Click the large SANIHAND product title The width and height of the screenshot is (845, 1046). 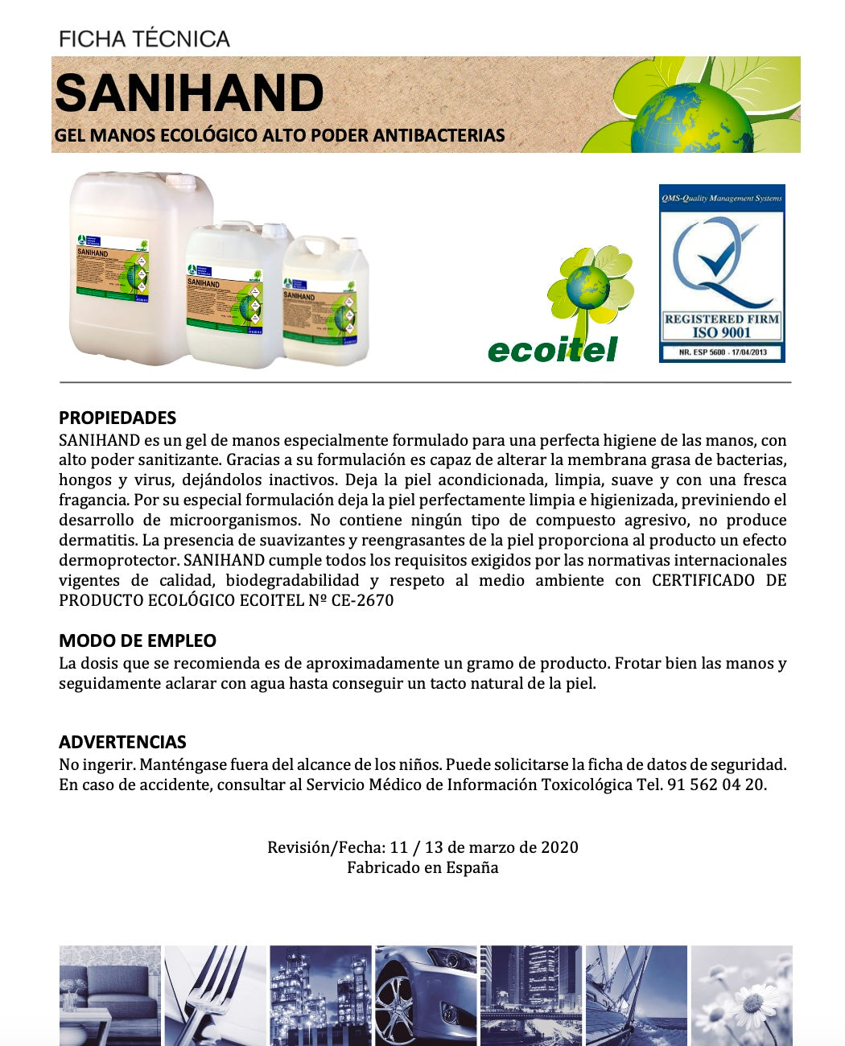(x=189, y=93)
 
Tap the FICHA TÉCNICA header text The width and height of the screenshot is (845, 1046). (x=145, y=39)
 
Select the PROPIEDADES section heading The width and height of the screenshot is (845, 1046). (x=117, y=418)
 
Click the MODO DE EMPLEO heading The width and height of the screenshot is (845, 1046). (x=138, y=640)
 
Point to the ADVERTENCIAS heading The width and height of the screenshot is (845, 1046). (x=122, y=742)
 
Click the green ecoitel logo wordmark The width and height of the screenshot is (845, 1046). (x=552, y=350)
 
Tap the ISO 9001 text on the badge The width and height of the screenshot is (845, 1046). (x=721, y=332)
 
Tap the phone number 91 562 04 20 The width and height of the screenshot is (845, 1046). (x=715, y=784)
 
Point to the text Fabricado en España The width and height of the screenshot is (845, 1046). (x=422, y=867)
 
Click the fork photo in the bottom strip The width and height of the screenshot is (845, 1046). (x=215, y=995)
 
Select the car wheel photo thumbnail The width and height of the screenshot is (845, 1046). (x=426, y=995)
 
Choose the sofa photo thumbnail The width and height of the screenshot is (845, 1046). (x=109, y=995)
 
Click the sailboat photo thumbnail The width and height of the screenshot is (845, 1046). (x=636, y=995)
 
